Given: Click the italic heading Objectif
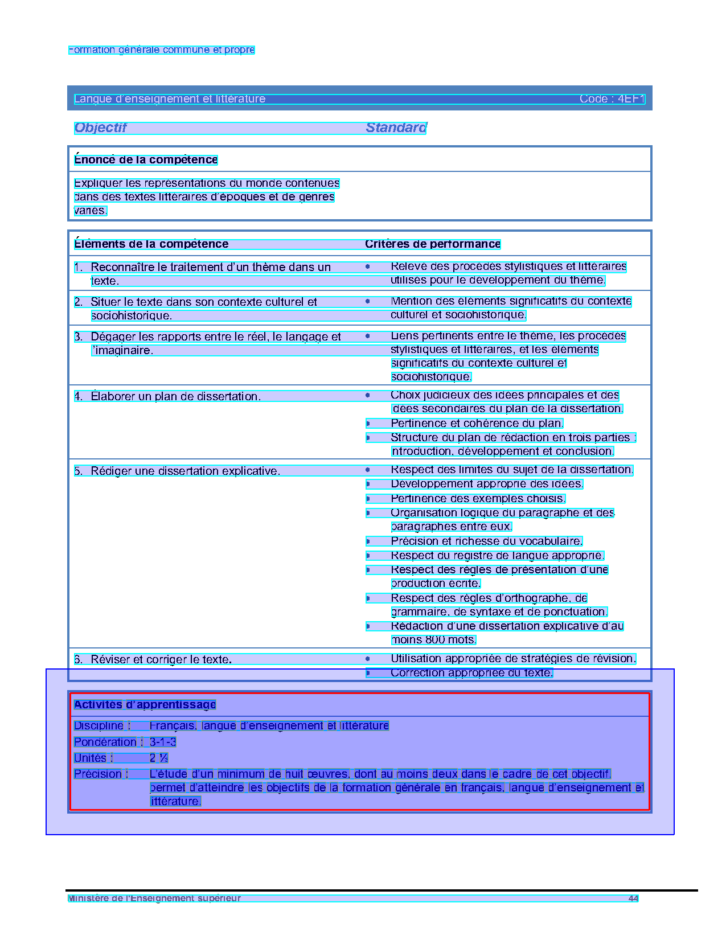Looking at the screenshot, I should [100, 128].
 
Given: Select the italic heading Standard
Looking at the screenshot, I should [396, 128].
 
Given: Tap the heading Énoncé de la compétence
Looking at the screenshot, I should [146, 159].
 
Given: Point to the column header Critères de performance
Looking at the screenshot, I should [433, 244].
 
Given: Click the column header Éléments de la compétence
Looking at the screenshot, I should [151, 244].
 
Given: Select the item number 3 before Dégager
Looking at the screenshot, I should [78, 336].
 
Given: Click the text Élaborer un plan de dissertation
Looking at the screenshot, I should [175, 396].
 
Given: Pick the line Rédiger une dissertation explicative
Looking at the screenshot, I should [185, 471].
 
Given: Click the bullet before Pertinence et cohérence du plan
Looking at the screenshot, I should [368, 423].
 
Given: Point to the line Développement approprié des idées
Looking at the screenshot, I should [487, 484].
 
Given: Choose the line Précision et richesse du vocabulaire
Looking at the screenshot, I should [487, 541].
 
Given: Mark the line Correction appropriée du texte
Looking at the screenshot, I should [471, 673].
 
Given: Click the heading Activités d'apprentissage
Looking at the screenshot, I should [145, 704].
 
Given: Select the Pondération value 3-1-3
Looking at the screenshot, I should [163, 742].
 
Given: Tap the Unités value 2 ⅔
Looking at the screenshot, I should [159, 758].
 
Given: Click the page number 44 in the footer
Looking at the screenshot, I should [633, 898].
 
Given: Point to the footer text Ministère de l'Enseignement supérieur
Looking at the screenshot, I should [154, 898].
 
